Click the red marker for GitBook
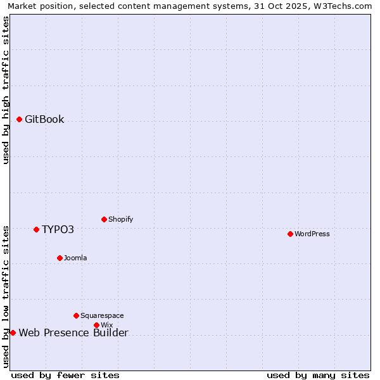20,119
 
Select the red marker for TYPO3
37,229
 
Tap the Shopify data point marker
104,219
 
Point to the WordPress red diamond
290,234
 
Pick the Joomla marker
60,258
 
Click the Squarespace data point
76,315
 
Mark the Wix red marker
96,325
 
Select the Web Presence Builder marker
13,332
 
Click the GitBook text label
44,119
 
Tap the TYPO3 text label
58,229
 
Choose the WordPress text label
312,234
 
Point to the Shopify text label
120,219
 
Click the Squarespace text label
102,315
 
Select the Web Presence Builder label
73,333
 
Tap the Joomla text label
75,258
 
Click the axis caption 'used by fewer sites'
65,375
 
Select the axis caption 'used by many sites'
318,375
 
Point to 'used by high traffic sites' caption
6,90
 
